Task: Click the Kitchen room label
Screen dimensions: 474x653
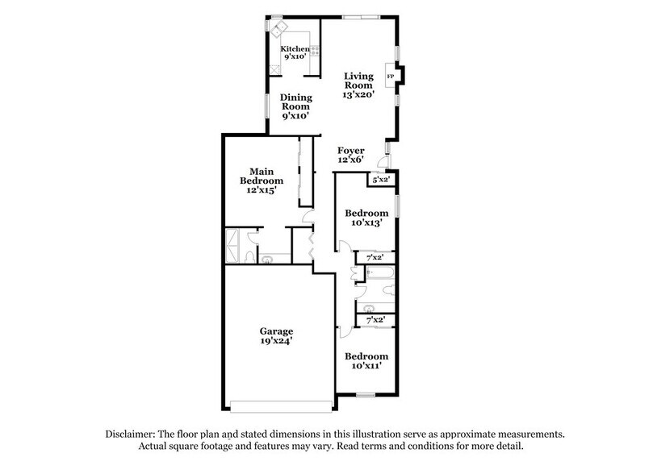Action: (295, 49)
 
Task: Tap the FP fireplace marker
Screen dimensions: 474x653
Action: (391, 77)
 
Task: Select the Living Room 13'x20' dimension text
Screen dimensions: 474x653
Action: (358, 94)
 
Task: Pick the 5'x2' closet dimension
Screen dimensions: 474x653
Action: (379, 180)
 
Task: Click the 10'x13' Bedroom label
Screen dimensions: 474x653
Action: (362, 218)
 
